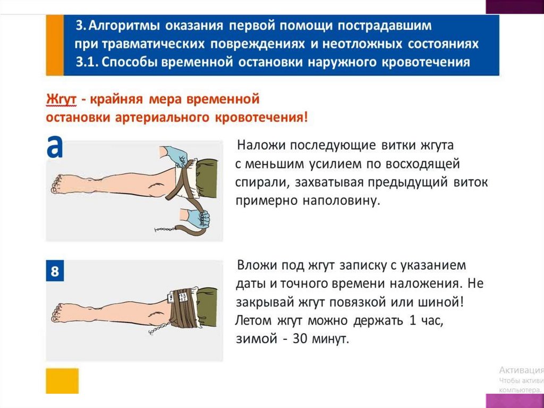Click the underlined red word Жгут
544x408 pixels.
(x=61, y=99)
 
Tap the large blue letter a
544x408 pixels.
(x=55, y=147)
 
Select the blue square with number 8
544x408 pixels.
(x=55, y=271)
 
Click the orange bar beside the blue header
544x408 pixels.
(x=55, y=45)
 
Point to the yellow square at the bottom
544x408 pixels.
(x=62, y=381)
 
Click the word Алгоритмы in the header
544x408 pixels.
(x=124, y=26)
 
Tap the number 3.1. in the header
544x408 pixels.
(x=87, y=62)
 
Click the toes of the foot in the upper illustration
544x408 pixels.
(x=56, y=184)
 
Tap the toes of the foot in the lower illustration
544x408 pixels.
(x=56, y=313)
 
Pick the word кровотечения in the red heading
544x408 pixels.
(x=261, y=118)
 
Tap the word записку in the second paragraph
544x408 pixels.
(x=362, y=265)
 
